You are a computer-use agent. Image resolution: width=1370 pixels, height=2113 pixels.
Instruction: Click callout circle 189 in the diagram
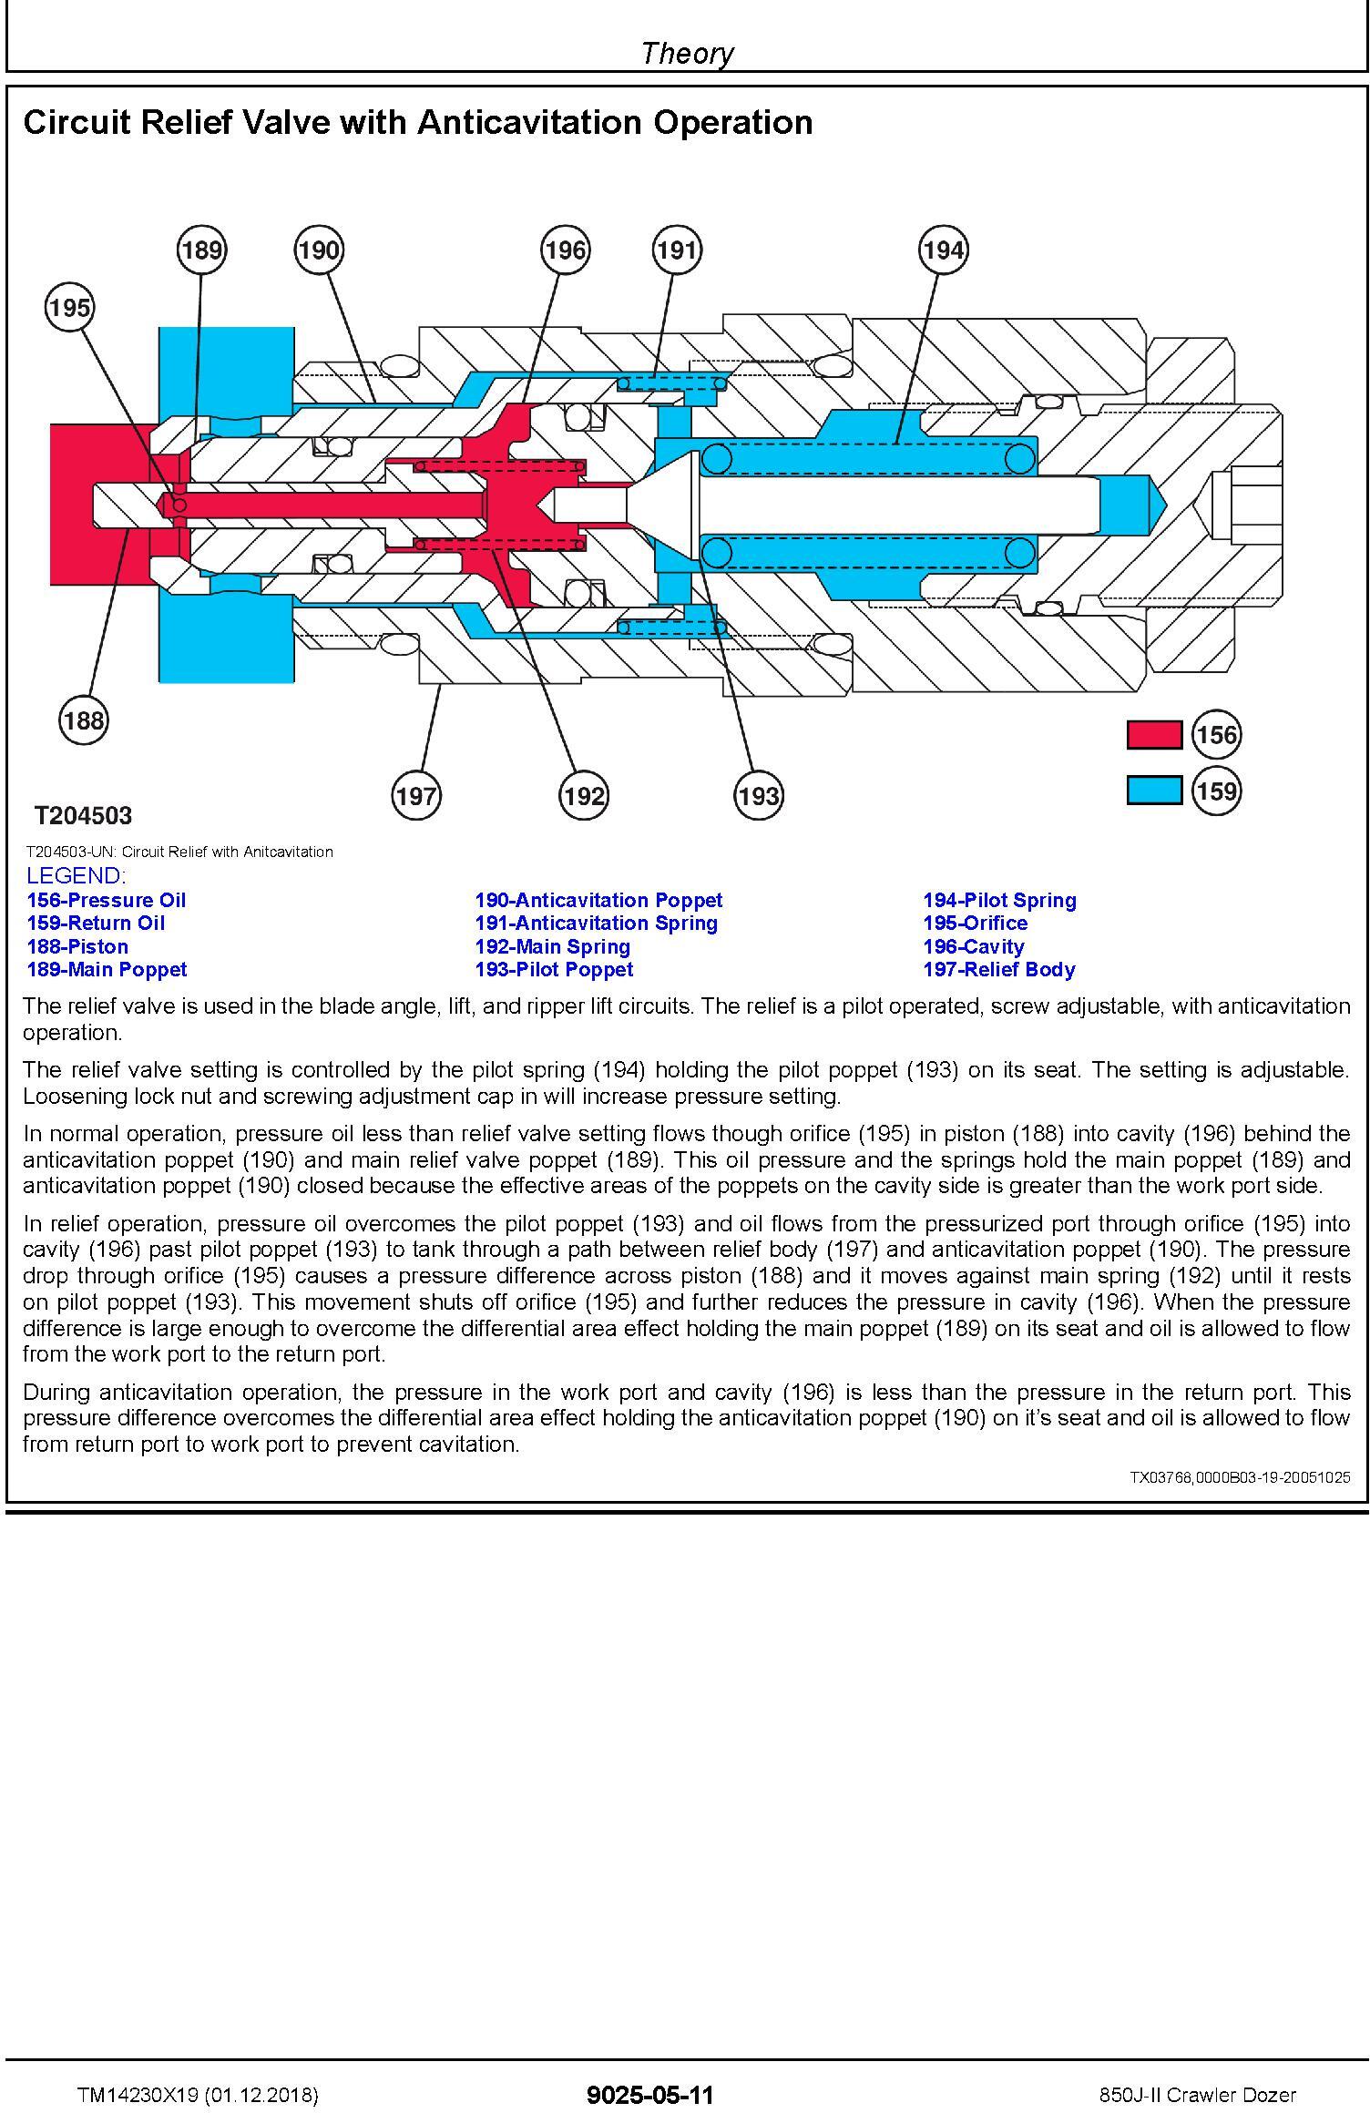point(201,250)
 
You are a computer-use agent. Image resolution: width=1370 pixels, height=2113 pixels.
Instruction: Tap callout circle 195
point(69,308)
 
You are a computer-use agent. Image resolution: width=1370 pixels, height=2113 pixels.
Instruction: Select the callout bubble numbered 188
point(84,721)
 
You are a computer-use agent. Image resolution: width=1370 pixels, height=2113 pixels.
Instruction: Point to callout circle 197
point(416,796)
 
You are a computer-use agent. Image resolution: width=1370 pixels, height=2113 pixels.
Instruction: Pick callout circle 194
point(943,250)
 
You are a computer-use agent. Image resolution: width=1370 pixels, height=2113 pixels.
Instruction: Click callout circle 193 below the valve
point(758,796)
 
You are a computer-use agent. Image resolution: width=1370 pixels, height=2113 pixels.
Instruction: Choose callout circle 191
point(677,250)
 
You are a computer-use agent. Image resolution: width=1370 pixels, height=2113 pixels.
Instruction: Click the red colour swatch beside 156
point(1154,734)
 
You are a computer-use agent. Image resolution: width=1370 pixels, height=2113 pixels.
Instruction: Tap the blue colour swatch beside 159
point(1154,790)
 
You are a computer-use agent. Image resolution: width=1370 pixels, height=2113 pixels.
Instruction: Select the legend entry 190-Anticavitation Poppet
point(598,900)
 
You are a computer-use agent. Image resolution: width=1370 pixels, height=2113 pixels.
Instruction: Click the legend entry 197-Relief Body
point(998,969)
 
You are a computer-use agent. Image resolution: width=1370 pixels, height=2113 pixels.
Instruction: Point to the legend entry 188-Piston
point(77,946)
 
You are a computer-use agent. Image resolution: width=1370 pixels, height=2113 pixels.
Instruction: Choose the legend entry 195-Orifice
point(975,923)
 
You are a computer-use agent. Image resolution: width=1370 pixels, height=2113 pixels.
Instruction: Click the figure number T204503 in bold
point(83,815)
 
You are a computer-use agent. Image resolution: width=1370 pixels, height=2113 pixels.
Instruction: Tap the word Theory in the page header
point(686,53)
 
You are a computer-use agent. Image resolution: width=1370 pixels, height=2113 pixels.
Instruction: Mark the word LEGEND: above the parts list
point(77,876)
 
